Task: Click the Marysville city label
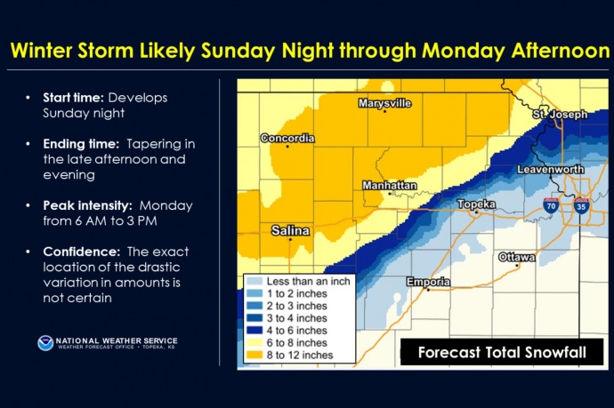(384, 103)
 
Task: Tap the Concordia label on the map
(287, 138)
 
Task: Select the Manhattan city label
(389, 186)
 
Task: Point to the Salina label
(290, 230)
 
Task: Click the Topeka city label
(476, 204)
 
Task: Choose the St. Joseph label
(560, 115)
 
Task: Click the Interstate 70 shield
(552, 205)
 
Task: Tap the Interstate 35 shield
(582, 205)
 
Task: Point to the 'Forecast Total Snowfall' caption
(502, 353)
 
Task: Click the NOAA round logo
(45, 343)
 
